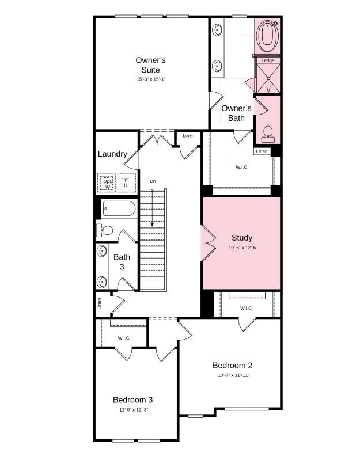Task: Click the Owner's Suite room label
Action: click(x=151, y=64)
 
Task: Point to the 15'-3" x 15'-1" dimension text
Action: click(x=151, y=79)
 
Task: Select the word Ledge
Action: click(x=268, y=60)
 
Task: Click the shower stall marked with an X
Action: click(x=268, y=78)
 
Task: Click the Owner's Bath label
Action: click(x=237, y=113)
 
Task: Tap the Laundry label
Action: click(x=112, y=154)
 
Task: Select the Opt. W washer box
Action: click(x=107, y=182)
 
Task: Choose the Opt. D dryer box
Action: click(x=126, y=182)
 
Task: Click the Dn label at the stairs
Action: click(x=153, y=181)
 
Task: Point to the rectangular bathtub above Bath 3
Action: click(x=119, y=208)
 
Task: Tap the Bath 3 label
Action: click(x=122, y=262)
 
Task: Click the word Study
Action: click(x=242, y=238)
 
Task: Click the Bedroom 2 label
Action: click(x=232, y=365)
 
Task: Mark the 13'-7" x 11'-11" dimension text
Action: click(x=233, y=375)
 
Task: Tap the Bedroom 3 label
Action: click(x=132, y=399)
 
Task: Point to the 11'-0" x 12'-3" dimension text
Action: click(x=134, y=410)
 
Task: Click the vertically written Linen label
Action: click(x=100, y=303)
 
